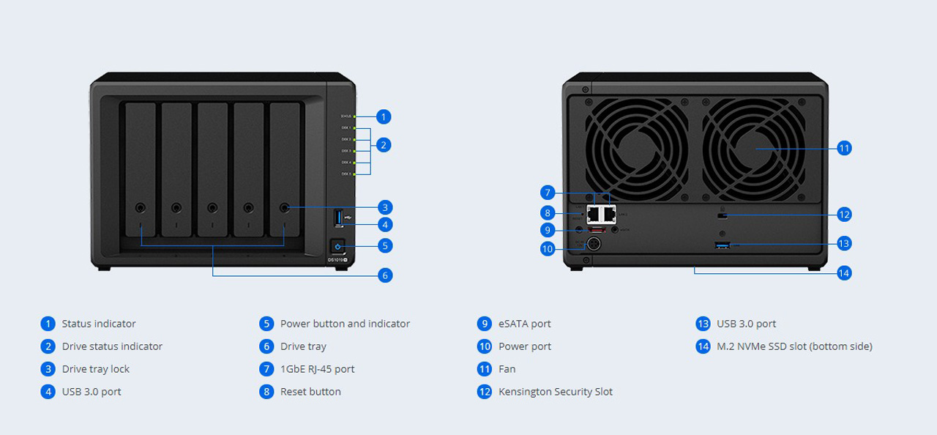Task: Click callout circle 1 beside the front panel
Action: [x=384, y=116]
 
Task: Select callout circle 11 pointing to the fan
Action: [x=844, y=148]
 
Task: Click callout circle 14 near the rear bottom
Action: [x=844, y=272]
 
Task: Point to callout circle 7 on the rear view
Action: [x=548, y=193]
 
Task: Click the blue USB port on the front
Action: [x=338, y=218]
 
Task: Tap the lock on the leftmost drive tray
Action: [x=141, y=208]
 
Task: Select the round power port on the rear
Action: [x=594, y=245]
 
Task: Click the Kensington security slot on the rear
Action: [x=723, y=215]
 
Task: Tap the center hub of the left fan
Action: [x=637, y=149]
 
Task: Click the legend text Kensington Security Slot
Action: [x=555, y=392]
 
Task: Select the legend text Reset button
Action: [x=310, y=392]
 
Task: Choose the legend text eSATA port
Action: [x=524, y=324]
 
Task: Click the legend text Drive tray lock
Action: [x=95, y=369]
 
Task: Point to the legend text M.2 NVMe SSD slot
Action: [x=794, y=346]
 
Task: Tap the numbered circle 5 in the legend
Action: [x=266, y=324]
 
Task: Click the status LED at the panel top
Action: [x=355, y=116]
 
